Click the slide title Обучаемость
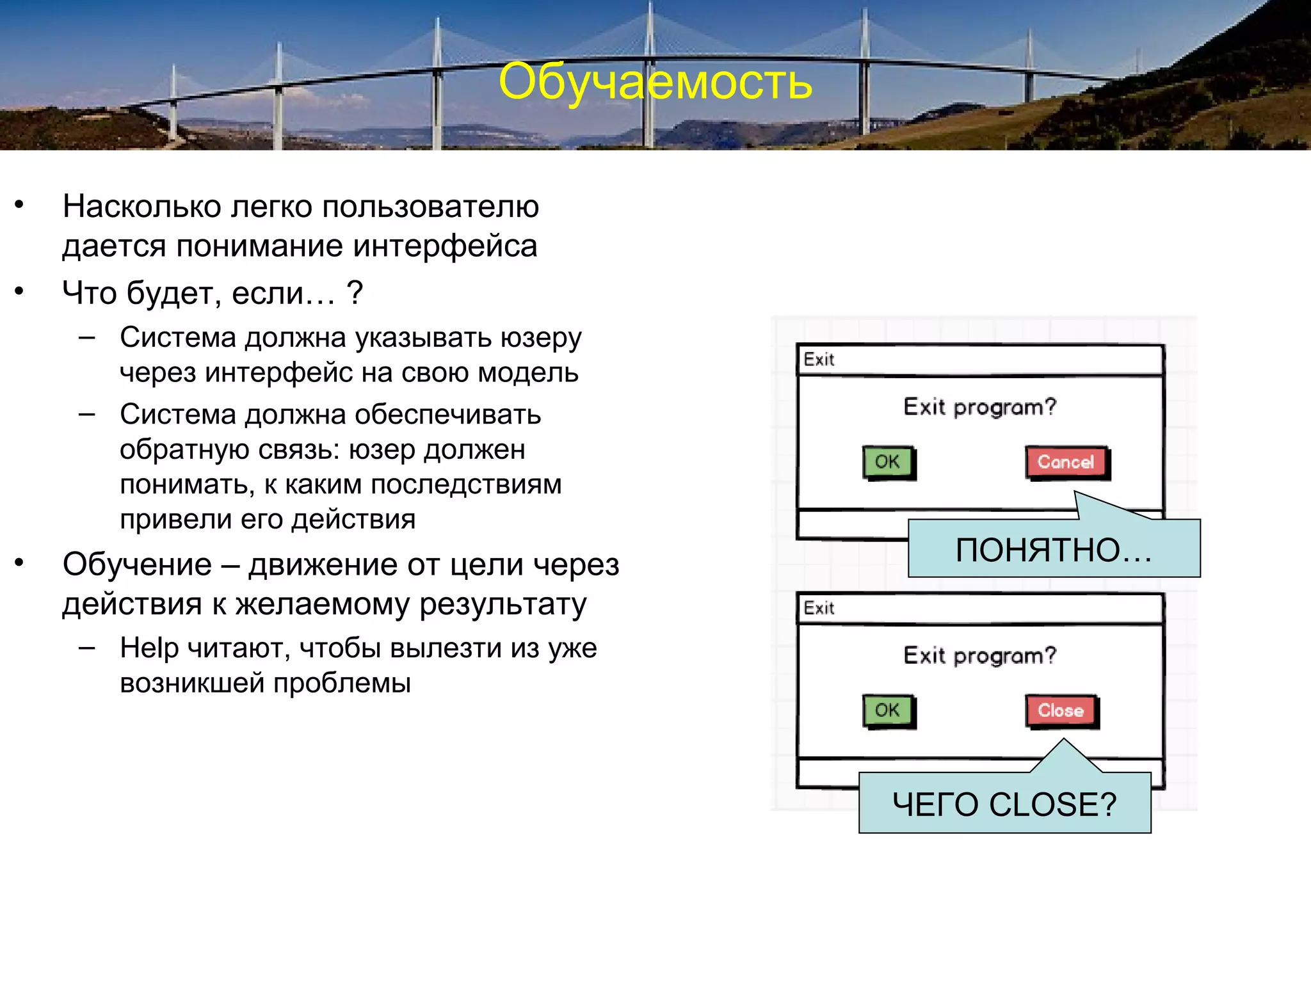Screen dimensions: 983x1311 click(x=655, y=82)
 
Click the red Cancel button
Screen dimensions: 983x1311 click(x=1066, y=461)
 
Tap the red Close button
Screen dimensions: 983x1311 click(x=1061, y=710)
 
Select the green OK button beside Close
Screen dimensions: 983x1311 click(x=887, y=710)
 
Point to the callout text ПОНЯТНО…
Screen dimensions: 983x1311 click(x=1053, y=550)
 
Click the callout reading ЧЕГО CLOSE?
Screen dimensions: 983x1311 click(x=1004, y=804)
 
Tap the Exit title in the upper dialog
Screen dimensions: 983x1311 click(x=819, y=359)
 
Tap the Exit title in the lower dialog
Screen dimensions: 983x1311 click(x=819, y=607)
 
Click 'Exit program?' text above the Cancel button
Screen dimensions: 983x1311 click(x=979, y=407)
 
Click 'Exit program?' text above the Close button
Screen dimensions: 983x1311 click(x=979, y=655)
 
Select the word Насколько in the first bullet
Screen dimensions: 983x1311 click(x=141, y=207)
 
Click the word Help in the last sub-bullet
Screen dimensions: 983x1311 click(x=149, y=648)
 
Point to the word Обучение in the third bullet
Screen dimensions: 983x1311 click(x=137, y=564)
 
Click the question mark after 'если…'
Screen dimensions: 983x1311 click(x=355, y=293)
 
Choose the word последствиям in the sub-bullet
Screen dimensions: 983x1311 click(x=466, y=484)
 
